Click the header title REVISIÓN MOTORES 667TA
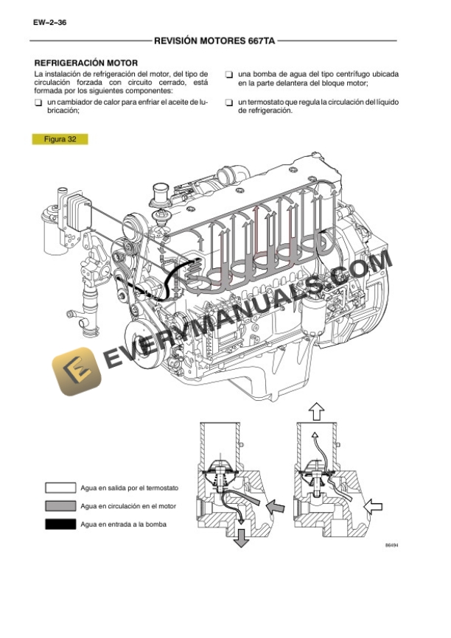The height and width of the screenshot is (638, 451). click(x=214, y=42)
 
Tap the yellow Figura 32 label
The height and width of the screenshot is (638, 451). click(x=60, y=139)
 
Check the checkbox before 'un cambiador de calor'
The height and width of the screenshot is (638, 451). click(x=38, y=102)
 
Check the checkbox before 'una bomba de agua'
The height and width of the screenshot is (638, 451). click(x=230, y=75)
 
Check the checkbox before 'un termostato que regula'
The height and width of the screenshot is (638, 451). click(x=230, y=102)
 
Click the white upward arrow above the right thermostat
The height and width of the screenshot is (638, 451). click(x=315, y=410)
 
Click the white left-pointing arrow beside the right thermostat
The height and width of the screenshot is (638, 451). click(x=374, y=505)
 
